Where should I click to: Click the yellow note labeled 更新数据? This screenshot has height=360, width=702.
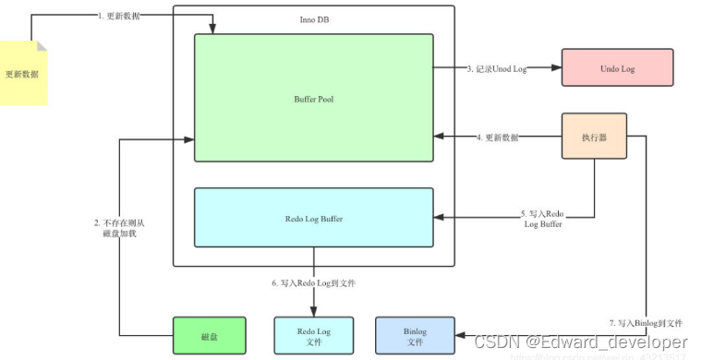pyautogui.click(x=23, y=72)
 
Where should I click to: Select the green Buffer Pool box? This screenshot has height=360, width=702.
pyautogui.click(x=313, y=97)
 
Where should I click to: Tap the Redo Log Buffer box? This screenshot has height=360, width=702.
pyautogui.click(x=313, y=218)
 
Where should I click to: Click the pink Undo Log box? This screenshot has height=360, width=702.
pyautogui.click(x=617, y=67)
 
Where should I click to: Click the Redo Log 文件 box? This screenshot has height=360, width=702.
pyautogui.click(x=313, y=336)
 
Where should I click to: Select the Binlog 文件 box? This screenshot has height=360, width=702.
pyautogui.click(x=415, y=336)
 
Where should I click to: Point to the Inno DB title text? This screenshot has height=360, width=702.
pyautogui.click(x=313, y=20)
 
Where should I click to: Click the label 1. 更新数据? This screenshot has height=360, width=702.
pyautogui.click(x=119, y=16)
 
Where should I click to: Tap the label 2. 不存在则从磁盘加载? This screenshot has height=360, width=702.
pyautogui.click(x=119, y=228)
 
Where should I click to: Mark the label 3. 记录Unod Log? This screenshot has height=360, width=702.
pyautogui.click(x=495, y=68)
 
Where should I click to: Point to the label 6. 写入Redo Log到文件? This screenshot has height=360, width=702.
pyautogui.click(x=313, y=282)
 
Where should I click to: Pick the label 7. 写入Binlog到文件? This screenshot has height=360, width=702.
pyautogui.click(x=645, y=323)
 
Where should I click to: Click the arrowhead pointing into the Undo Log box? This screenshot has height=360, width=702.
pyautogui.click(x=556, y=67)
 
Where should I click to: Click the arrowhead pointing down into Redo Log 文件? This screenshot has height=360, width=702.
pyautogui.click(x=313, y=311)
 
